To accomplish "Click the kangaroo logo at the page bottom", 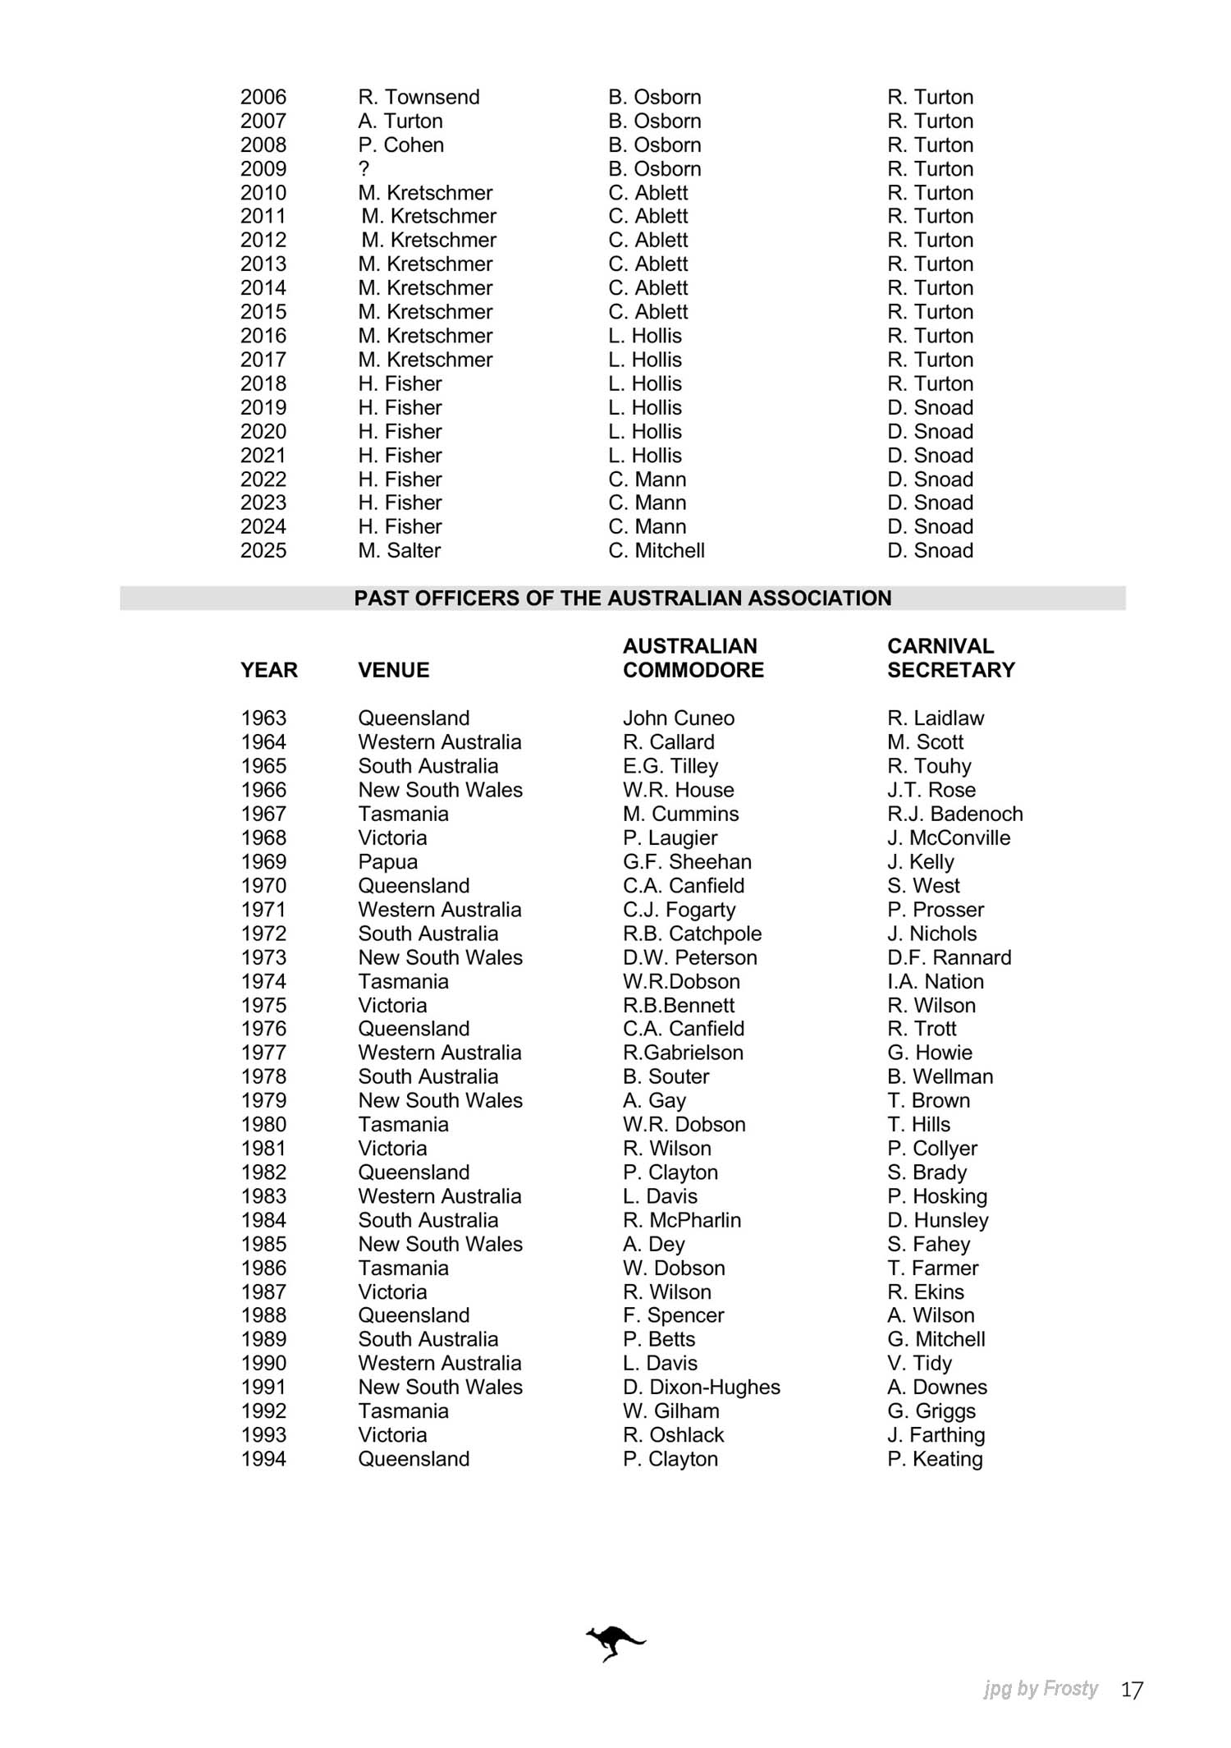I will (x=615, y=1642).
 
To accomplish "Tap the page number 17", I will (x=1132, y=1690).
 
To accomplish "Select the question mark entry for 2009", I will (x=364, y=169).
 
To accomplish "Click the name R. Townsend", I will (x=419, y=97).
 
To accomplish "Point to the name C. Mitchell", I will (x=657, y=551).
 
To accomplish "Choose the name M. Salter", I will (x=399, y=551).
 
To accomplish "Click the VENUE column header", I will (x=393, y=670).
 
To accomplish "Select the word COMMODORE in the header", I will (x=693, y=670).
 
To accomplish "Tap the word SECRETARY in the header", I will (x=950, y=670).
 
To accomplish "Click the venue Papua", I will (x=387, y=862).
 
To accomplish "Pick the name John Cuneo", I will (x=678, y=718).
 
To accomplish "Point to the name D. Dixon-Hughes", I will (x=701, y=1388).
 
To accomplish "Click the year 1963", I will (x=263, y=718).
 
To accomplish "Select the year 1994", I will (x=263, y=1459).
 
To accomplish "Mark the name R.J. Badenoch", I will (x=954, y=814).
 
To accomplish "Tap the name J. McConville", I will (x=948, y=838).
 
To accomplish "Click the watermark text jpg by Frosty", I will (x=1041, y=1689).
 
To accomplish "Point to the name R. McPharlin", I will (x=681, y=1220).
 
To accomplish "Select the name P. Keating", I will (x=935, y=1459).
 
